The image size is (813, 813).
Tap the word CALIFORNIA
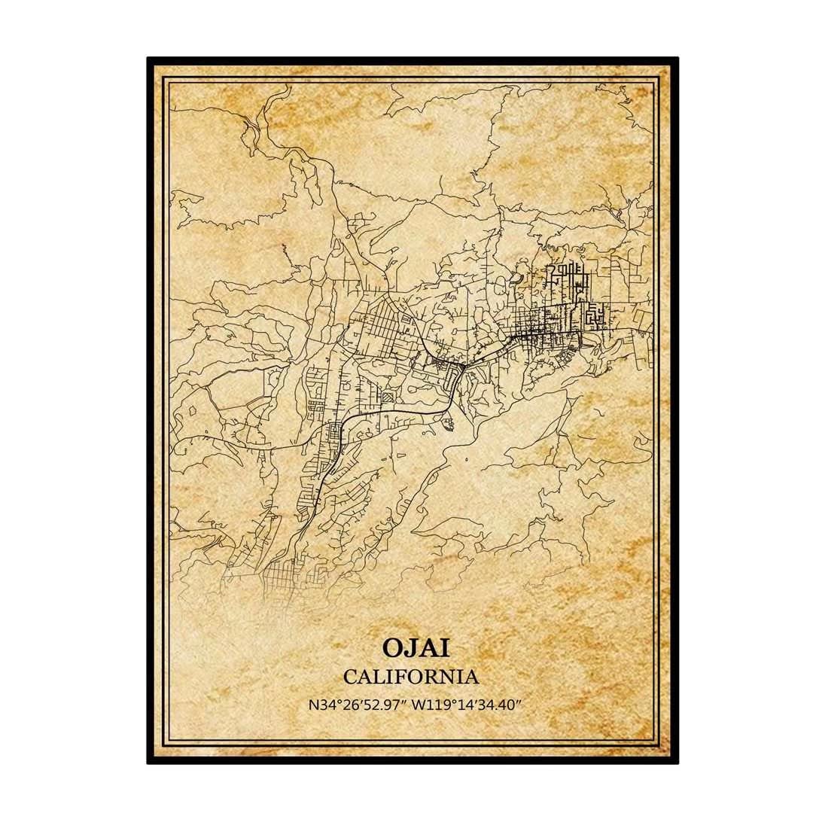pos(410,676)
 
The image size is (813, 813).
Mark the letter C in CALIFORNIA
pos(350,676)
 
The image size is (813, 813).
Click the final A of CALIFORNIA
pos(471,676)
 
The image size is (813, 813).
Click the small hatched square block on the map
pos(387,397)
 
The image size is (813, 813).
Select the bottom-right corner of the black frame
pos(677,762)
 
